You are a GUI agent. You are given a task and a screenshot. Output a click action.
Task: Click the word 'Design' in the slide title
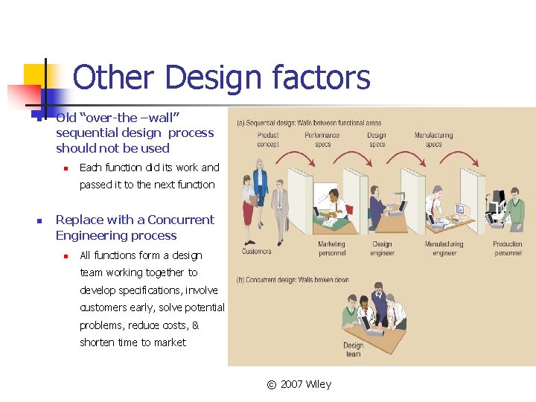(213, 77)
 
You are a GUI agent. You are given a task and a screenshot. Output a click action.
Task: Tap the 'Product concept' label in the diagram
(268, 139)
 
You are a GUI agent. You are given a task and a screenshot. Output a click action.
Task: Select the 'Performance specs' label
(322, 139)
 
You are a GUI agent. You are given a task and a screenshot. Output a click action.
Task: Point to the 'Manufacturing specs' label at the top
(433, 139)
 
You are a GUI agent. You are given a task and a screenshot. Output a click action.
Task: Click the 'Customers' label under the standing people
(257, 252)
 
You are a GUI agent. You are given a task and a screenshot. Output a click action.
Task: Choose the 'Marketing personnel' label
(331, 248)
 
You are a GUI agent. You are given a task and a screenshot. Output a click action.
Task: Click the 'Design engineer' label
(382, 248)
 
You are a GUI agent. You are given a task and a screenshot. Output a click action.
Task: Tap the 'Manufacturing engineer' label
(444, 248)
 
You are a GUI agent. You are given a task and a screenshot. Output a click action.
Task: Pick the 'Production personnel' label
(508, 248)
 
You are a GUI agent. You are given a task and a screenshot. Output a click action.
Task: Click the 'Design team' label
(353, 349)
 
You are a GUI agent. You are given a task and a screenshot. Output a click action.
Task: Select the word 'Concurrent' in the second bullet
(181, 220)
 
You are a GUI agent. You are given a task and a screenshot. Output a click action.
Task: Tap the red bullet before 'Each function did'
(66, 167)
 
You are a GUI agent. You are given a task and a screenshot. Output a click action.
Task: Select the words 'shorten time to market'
(133, 342)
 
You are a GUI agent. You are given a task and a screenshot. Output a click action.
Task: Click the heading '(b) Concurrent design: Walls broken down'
(293, 279)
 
